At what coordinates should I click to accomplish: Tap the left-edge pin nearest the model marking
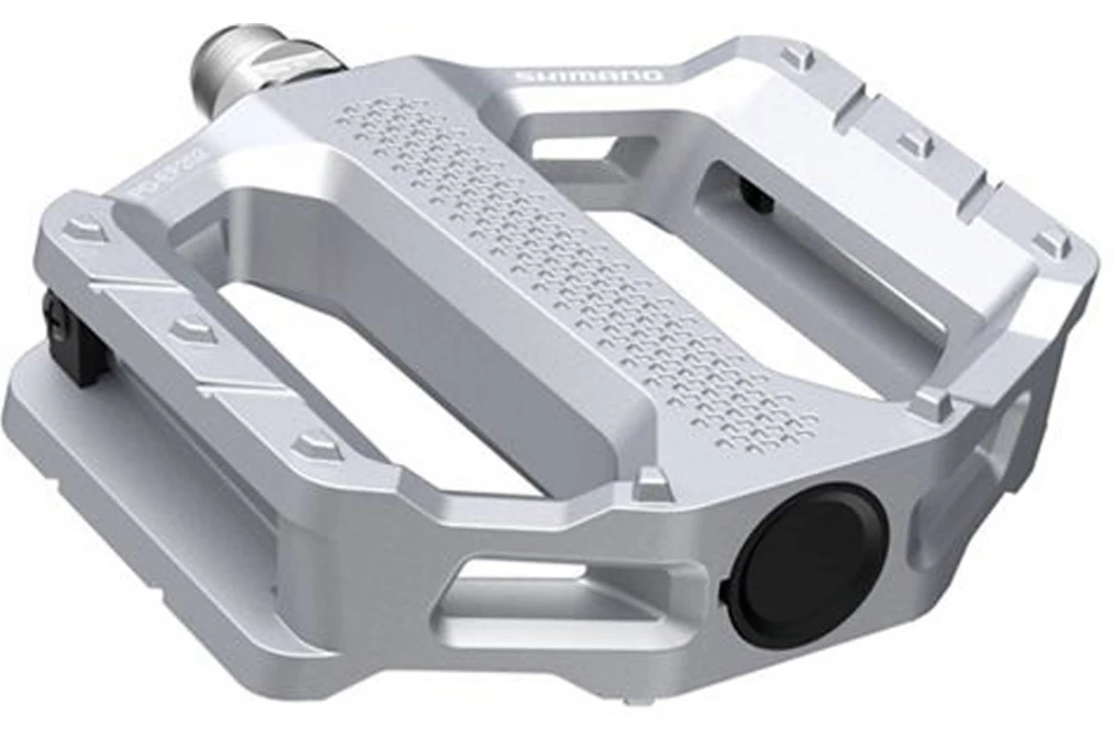(86, 232)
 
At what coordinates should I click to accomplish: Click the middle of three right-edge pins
(911, 142)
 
